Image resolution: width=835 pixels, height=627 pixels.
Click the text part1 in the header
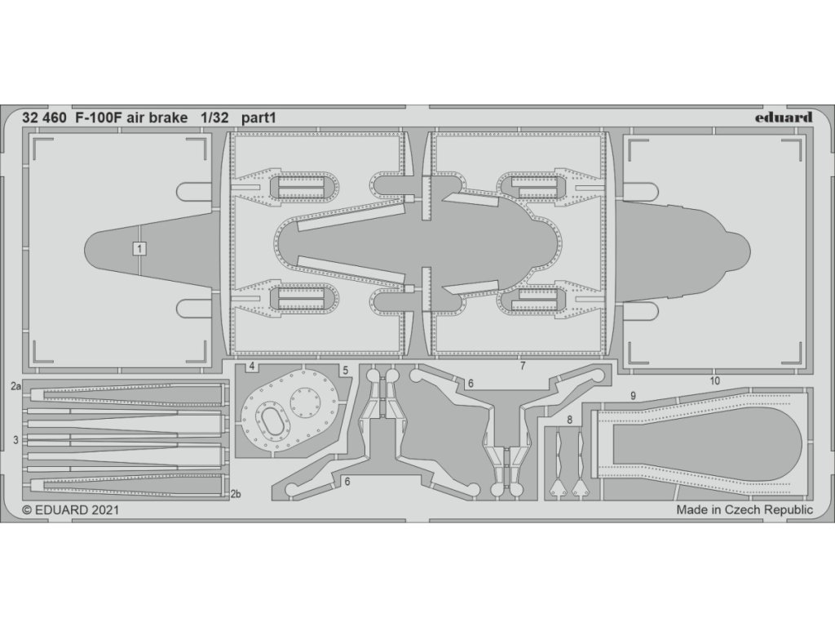pos(258,118)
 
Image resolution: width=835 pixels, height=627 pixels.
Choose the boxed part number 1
pos(139,249)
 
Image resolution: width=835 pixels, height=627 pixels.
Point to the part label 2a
pos(16,384)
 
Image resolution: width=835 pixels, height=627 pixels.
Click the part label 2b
pos(235,493)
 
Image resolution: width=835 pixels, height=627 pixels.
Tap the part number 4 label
pos(253,367)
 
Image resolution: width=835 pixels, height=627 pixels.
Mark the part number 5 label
pos(346,371)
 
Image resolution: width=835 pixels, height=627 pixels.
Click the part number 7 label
pos(523,367)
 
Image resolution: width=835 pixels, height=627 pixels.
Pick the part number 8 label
pos(570,420)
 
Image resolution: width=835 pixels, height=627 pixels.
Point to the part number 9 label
pos(632,395)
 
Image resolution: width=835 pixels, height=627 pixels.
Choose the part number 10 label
pos(714,380)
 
